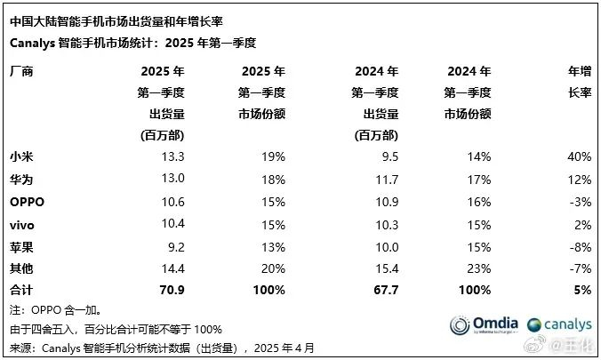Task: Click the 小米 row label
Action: tap(20, 156)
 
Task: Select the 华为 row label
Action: tap(20, 179)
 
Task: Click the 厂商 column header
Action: tap(20, 70)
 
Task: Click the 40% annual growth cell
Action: tap(579, 156)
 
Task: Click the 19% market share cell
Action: tap(272, 156)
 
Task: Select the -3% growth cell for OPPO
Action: tap(581, 202)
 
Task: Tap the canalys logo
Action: tap(559, 324)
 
